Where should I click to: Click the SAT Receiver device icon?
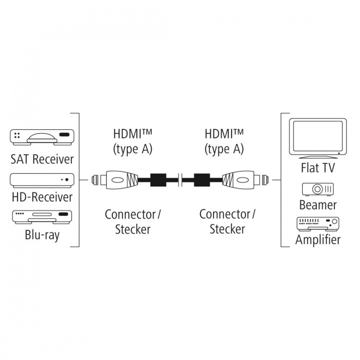(x=42, y=137)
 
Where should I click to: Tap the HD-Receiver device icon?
(x=42, y=180)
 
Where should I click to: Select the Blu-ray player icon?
(x=42, y=217)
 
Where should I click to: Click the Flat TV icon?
(x=318, y=138)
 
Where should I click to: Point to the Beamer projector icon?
(x=318, y=189)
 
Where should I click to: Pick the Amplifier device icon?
(x=318, y=224)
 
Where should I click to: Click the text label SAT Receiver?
(x=42, y=159)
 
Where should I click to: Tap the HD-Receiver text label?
(x=42, y=197)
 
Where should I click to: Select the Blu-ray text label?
(x=42, y=235)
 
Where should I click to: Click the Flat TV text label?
(x=318, y=168)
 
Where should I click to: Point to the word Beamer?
(x=318, y=205)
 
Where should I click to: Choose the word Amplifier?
(x=318, y=240)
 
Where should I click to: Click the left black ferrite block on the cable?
(x=158, y=180)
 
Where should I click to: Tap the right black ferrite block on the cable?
(x=202, y=180)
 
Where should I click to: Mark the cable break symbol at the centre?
(x=180, y=180)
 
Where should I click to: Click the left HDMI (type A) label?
(x=133, y=142)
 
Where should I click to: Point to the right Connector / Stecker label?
(x=227, y=221)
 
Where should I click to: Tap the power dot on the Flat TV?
(x=339, y=153)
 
